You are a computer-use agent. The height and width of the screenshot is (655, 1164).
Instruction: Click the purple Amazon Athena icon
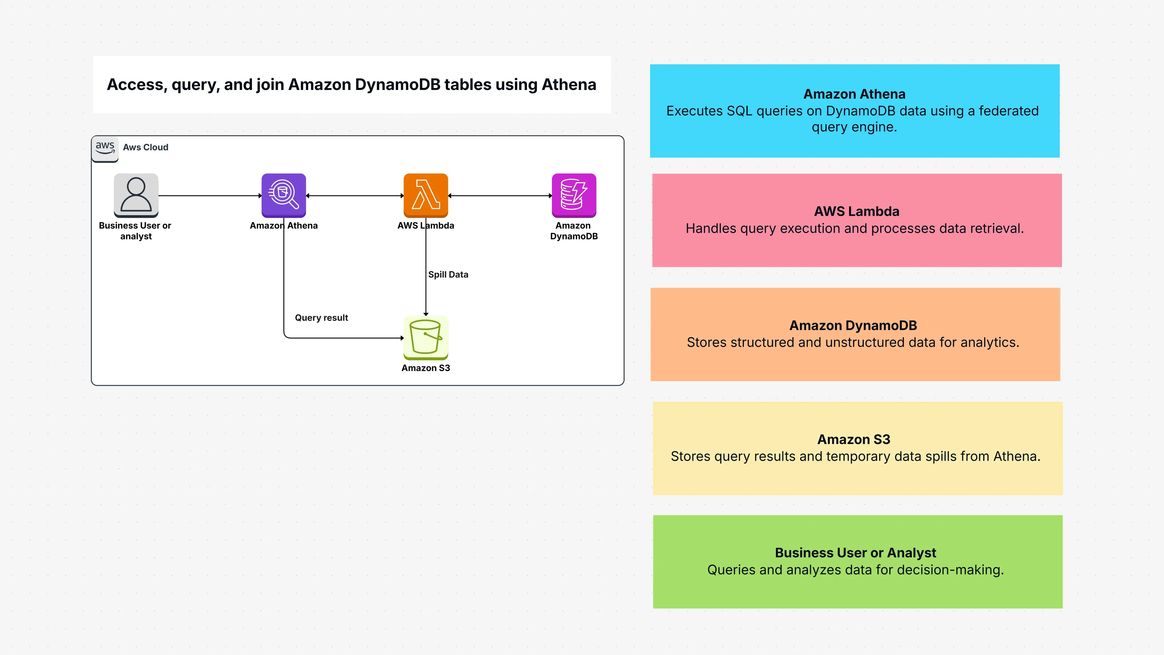pos(283,195)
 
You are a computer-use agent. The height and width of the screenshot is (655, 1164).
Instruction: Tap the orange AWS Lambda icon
pos(425,195)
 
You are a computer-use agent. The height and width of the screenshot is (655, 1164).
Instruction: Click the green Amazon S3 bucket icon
pos(425,337)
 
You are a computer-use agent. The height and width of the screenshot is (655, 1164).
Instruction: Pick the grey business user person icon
pos(136,195)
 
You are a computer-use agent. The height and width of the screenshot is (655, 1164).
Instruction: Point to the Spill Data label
pos(448,275)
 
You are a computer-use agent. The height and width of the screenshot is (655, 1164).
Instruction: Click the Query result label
pos(321,318)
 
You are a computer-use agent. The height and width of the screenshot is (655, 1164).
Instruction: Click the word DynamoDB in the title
pos(397,85)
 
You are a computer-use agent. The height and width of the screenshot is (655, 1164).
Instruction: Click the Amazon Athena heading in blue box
pos(854,94)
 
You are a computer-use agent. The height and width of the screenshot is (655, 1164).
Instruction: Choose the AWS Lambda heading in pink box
pos(856,211)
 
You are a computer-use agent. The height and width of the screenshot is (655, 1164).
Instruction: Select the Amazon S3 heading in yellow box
pos(853,439)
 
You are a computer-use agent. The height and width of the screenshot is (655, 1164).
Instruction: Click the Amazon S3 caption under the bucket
pos(425,368)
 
